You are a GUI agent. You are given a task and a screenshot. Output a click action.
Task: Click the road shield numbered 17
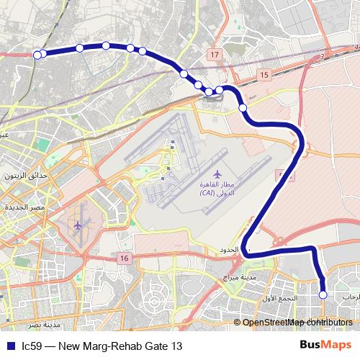pos(215,55)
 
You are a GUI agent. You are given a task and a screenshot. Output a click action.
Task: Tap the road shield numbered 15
pos(264,75)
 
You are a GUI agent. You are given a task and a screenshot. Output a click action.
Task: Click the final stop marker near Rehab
pos(323,294)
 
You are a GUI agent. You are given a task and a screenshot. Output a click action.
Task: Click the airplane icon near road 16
pos(78,225)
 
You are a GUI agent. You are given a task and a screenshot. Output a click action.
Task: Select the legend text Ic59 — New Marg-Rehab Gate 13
pos(102,346)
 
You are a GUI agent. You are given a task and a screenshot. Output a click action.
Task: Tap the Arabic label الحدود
pos(227,250)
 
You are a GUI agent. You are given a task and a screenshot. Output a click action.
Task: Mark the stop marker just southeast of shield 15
pos(243,108)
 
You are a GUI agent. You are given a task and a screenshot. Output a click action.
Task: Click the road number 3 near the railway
pos(325,55)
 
